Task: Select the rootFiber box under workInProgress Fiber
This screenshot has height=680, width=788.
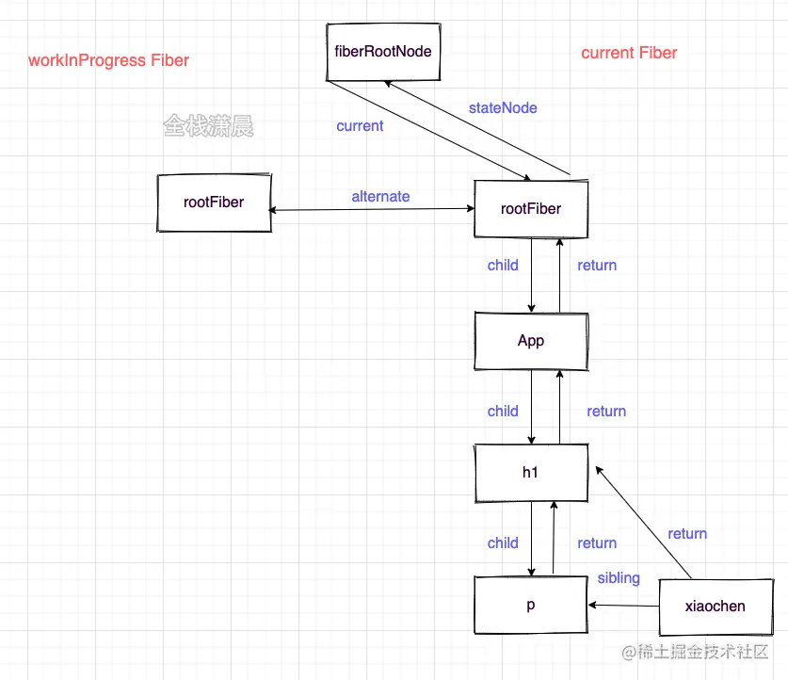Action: (214, 202)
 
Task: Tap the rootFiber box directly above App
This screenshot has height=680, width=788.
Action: (531, 208)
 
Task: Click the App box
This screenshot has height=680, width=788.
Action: (531, 341)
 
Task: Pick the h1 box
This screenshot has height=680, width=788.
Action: (531, 473)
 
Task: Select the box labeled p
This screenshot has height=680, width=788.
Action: (531, 606)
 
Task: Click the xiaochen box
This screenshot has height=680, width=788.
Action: (716, 606)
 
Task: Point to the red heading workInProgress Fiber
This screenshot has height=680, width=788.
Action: (108, 61)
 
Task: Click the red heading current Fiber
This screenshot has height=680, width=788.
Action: (629, 53)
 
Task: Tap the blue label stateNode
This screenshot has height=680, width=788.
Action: (503, 108)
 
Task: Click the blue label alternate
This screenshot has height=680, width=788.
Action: (380, 197)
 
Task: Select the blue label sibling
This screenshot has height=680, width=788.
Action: (619, 577)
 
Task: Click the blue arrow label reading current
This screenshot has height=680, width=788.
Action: (360, 125)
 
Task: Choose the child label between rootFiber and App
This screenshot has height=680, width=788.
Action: (503, 266)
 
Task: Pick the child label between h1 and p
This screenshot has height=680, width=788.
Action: (503, 543)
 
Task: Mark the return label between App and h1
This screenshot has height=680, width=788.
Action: (606, 412)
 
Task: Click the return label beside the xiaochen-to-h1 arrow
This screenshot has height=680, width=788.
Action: (687, 534)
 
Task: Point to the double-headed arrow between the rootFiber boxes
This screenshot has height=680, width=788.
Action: (373, 210)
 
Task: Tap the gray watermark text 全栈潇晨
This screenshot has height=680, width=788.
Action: (208, 126)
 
